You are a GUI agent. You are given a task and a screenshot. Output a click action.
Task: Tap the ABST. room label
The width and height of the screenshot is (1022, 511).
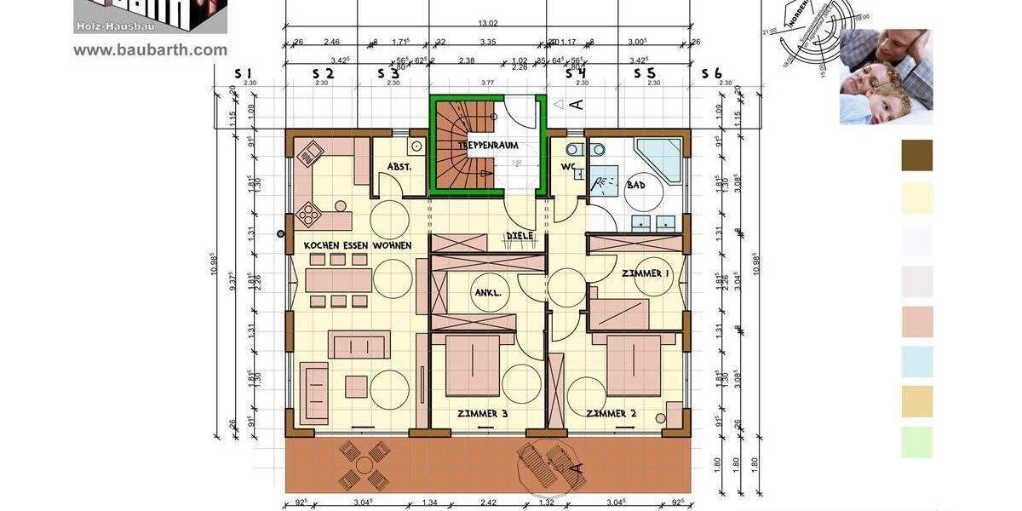pyautogui.click(x=399, y=167)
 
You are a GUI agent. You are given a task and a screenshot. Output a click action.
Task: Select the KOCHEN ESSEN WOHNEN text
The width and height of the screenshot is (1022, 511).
pyautogui.click(x=358, y=246)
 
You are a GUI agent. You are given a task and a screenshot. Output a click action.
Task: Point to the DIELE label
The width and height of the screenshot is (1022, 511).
pyautogui.click(x=520, y=236)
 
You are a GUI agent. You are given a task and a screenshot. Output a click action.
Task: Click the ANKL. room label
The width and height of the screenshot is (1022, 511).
pyautogui.click(x=486, y=294)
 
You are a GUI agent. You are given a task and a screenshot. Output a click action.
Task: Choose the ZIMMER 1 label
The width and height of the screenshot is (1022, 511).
pyautogui.click(x=646, y=273)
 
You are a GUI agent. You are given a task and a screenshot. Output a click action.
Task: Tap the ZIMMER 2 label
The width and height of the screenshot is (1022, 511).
pyautogui.click(x=611, y=414)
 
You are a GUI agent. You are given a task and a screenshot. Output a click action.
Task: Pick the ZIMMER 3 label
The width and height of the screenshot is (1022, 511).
pyautogui.click(x=482, y=414)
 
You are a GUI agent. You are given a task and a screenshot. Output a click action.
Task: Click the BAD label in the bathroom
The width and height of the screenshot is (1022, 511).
pyautogui.click(x=635, y=185)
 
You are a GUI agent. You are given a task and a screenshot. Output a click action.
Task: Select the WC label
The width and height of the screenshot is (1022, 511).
pyautogui.click(x=568, y=166)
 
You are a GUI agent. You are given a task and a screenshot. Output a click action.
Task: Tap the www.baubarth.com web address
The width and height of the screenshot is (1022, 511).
pyautogui.click(x=151, y=50)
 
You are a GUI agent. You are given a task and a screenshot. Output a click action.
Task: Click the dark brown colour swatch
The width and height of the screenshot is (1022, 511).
pyautogui.click(x=916, y=155)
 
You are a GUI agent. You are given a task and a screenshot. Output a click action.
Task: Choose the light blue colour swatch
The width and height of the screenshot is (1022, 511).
pyautogui.click(x=916, y=361)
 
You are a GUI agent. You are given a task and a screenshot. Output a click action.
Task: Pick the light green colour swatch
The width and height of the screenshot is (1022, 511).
pyautogui.click(x=916, y=442)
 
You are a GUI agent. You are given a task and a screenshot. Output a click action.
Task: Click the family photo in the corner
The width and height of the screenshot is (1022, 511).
pyautogui.click(x=886, y=77)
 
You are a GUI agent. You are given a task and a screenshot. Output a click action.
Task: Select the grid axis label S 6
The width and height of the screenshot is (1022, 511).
pyautogui.click(x=712, y=74)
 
